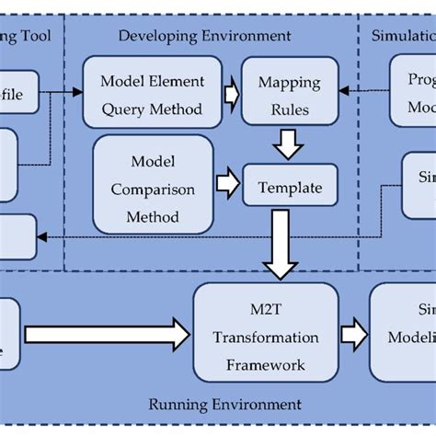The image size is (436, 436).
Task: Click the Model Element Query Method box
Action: coord(152,92)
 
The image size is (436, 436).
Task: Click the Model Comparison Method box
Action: coord(153,189)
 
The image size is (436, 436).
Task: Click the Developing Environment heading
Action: coord(204,36)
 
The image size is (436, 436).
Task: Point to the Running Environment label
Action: coord(224,404)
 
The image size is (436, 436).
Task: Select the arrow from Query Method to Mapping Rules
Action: coord(231,92)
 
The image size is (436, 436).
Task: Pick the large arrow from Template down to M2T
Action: coord(281,244)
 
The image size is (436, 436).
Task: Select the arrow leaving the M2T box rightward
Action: coord(354,333)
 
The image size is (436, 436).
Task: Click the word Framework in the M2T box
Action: coord(265,365)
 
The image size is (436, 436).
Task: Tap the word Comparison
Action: coord(153,189)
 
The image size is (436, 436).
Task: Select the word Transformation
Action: coord(266,337)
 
